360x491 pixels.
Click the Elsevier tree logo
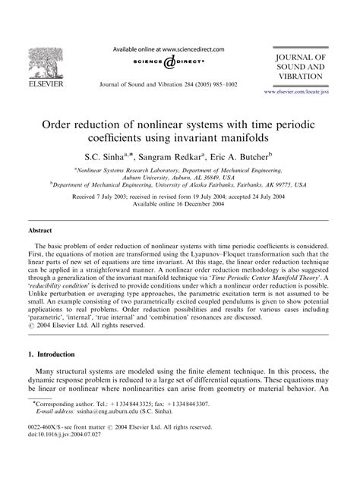coord(36,58)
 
